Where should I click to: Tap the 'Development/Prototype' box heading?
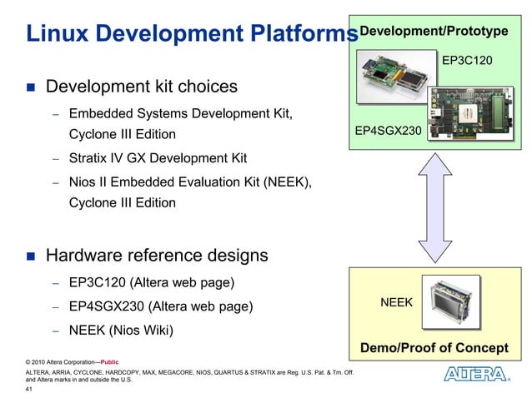(x=433, y=31)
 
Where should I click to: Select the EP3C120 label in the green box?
(x=467, y=61)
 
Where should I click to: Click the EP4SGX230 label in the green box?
(x=387, y=131)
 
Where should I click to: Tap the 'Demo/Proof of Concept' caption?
(x=434, y=347)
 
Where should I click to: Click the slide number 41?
(x=31, y=389)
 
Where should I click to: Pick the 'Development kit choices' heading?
(x=141, y=87)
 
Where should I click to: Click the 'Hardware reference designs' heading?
(x=157, y=255)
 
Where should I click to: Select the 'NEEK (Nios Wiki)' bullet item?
(x=121, y=331)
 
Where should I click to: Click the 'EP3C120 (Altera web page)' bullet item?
(x=151, y=282)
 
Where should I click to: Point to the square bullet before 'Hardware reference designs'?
(x=31, y=256)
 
